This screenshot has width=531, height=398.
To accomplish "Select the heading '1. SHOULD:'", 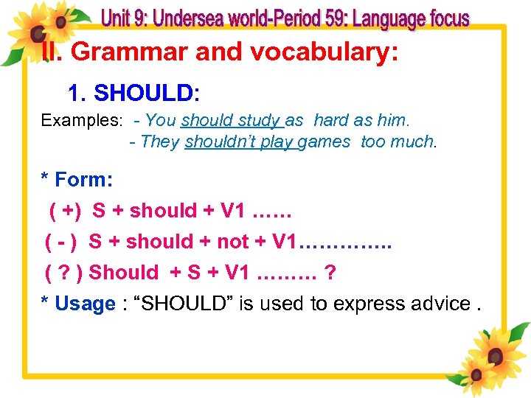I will tap(133, 93).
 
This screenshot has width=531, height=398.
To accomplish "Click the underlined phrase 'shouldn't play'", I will tap(240, 142).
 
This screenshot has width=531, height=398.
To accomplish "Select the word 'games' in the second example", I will tap(327, 142).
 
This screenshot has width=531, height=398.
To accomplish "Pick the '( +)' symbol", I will tap(66, 211).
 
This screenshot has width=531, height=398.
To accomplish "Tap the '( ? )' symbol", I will tap(63, 273).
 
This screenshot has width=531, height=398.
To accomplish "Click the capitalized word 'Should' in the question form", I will tap(123, 273).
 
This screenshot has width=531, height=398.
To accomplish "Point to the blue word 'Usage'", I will tap(86, 304).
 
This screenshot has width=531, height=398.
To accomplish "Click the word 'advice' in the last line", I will tap(439, 304).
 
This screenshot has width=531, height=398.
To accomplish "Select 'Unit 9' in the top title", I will tap(123, 18).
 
